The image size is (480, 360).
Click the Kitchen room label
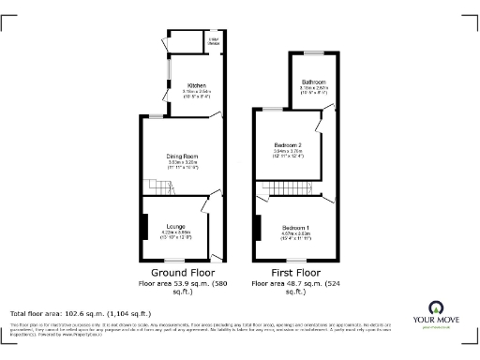click(x=196, y=84)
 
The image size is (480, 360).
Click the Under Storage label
click(x=213, y=41)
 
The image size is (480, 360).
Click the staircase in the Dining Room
click(x=154, y=187)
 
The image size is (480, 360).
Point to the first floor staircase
click(x=287, y=188)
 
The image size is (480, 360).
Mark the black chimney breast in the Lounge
click(x=144, y=228)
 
